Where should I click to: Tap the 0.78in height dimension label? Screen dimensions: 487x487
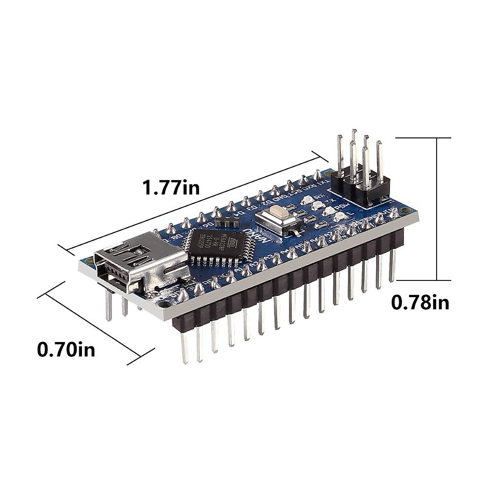pyautogui.click(x=420, y=302)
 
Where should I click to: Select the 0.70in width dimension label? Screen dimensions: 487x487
pyautogui.click(x=66, y=349)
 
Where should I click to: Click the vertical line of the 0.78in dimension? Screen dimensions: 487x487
pyautogui.click(x=437, y=209)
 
